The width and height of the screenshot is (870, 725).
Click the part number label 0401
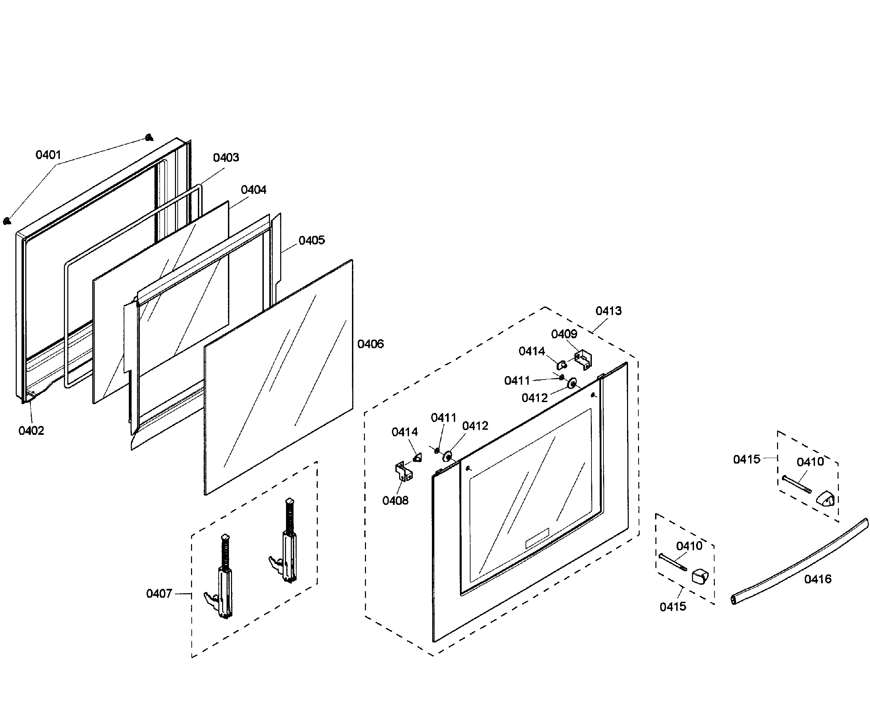pos(48,155)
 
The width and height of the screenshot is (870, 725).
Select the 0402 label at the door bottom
pos(31,431)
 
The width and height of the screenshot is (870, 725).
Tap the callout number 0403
pos(226,158)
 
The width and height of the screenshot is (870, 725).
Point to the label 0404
pos(254,190)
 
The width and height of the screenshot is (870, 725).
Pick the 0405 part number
pos(312,240)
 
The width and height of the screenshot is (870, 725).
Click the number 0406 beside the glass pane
pos(370,344)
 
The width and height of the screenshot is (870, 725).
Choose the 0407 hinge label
pos(159,594)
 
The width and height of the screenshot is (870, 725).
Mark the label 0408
pos(395,501)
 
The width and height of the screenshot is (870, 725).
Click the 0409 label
pos(564,334)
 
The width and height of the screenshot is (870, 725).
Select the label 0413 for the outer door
pos(609,311)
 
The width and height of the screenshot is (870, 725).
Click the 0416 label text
pos(818,579)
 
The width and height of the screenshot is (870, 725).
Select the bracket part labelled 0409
pos(584,360)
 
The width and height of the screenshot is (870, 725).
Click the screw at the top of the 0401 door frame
pos(149,137)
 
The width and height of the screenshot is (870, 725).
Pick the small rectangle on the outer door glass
pos(537,538)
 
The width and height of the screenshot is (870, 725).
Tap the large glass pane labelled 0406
pos(278,376)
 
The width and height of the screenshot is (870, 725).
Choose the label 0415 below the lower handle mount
pos(673,607)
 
